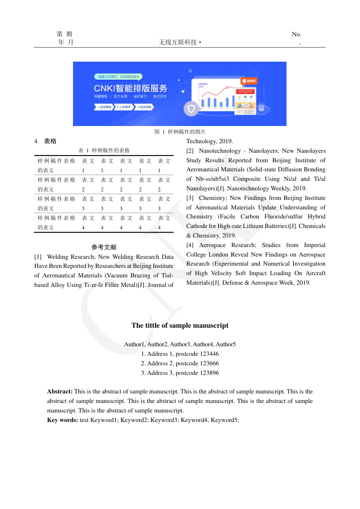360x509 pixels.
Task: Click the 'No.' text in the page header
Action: [297, 34]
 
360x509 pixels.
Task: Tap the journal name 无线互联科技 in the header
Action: [178, 42]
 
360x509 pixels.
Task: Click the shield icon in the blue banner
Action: [191, 109]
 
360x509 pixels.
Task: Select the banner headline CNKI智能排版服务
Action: [131, 88]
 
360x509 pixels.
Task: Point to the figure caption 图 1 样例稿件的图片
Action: [180, 132]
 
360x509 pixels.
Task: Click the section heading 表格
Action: [50, 141]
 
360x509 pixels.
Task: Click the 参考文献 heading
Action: [104, 247]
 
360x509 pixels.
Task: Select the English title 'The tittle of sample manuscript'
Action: [180, 325]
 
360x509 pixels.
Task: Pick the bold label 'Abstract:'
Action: [60, 392]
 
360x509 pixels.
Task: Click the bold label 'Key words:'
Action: [63, 420]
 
